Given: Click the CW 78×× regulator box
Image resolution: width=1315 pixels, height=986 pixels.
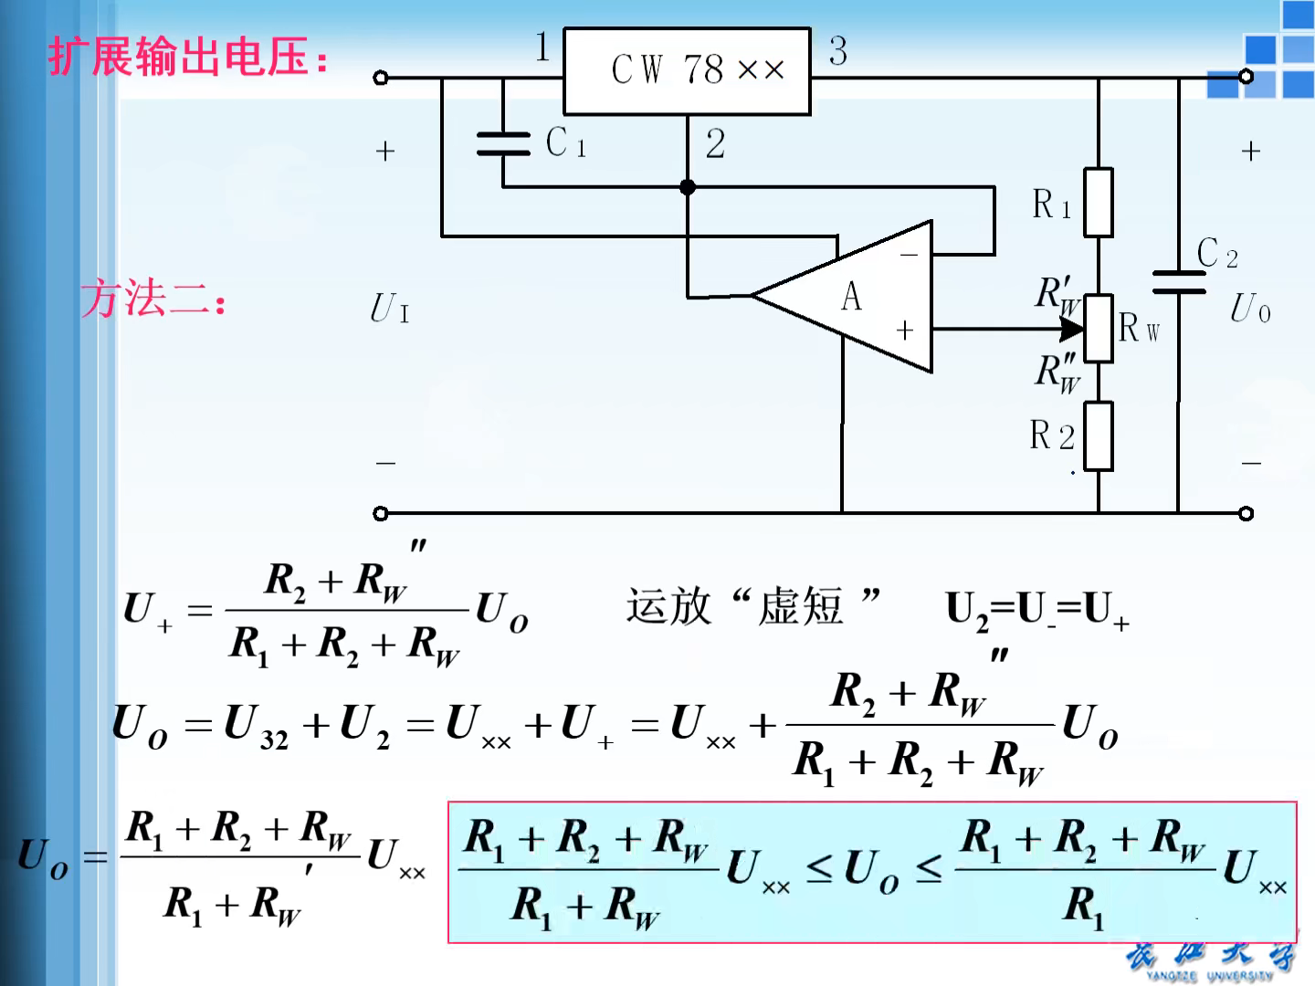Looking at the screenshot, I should (687, 70).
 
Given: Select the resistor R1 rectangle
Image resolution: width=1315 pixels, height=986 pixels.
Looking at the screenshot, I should (1098, 203).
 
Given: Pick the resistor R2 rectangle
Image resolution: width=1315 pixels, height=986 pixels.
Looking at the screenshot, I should (1098, 435).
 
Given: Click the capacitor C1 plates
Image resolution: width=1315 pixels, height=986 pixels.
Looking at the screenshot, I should (503, 143).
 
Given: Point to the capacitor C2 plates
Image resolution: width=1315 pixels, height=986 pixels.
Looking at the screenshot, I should (1178, 282).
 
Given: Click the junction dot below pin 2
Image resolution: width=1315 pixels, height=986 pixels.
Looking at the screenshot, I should (688, 187).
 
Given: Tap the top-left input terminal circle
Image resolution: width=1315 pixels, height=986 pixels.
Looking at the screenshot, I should (381, 78).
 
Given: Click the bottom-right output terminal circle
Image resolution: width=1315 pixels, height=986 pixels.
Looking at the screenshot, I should (1247, 513).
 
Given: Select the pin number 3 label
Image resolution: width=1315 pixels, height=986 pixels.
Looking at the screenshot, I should (837, 51).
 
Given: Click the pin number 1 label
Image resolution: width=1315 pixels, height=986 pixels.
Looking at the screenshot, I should (542, 47).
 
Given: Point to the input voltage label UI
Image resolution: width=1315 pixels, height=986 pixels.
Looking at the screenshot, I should (390, 309).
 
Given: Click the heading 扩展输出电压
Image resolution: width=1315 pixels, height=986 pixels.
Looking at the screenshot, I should (187, 57).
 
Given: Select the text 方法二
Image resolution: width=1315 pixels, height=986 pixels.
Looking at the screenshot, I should (153, 299).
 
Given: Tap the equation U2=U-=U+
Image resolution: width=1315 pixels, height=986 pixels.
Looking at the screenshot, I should (1037, 610).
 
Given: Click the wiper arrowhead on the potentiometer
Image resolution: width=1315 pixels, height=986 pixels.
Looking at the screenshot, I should (1071, 328).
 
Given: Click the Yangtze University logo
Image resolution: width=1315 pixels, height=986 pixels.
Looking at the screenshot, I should (1210, 959).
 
